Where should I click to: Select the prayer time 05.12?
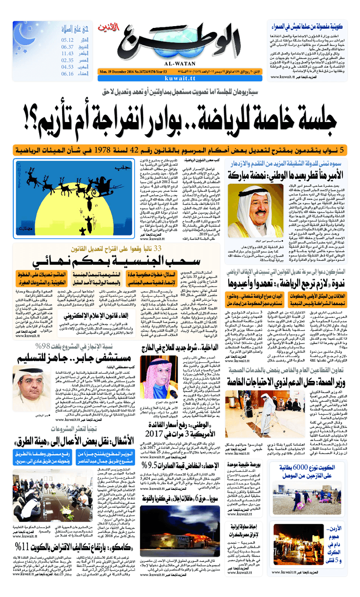pos(67,40)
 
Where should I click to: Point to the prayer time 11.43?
pos(67,54)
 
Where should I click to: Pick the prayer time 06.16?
pos(67,74)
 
